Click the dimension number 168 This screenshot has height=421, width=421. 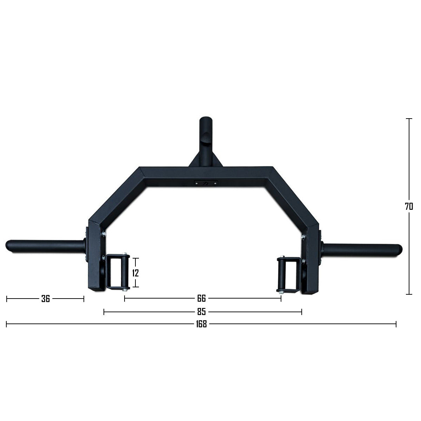(201, 324)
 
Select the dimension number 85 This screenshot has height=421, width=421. (201, 312)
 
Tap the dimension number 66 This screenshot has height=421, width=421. (201, 299)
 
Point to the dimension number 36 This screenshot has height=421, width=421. (46, 299)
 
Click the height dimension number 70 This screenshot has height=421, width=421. (409, 207)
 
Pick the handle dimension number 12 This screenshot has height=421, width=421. (136, 273)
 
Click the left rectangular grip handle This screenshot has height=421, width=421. (118, 272)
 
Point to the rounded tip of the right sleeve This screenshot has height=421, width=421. (400, 248)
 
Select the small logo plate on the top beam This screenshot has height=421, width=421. (206, 183)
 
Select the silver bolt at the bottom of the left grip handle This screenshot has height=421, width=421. (125, 289)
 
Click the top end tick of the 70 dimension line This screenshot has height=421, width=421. (409, 119)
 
